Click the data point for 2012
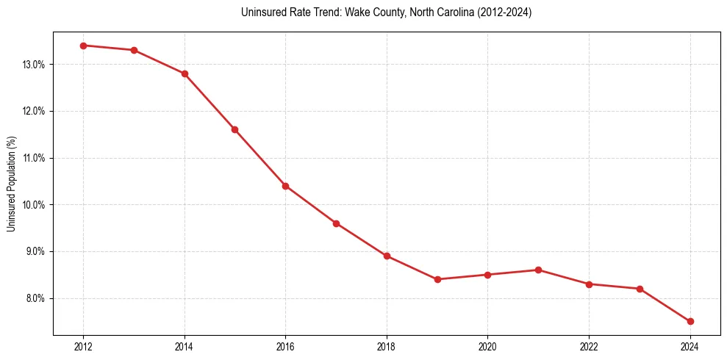[83, 46]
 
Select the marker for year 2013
[134, 50]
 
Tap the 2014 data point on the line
[185, 73]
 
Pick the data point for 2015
[234, 129]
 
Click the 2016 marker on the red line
[285, 186]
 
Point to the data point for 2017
[336, 223]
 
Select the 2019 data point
[437, 279]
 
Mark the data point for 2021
[538, 270]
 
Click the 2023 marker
[640, 289]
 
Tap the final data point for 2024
[690, 321]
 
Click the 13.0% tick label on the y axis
[33, 65]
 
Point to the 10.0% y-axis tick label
[33, 205]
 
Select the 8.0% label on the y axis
[35, 298]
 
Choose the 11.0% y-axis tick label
[33, 158]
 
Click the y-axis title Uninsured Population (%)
[11, 184]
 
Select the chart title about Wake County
[386, 12]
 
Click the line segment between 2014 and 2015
[209, 101]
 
